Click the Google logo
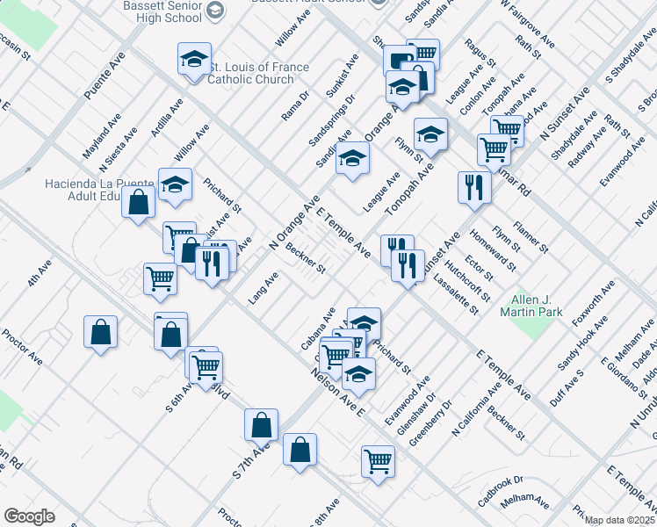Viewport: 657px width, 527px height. point(30,516)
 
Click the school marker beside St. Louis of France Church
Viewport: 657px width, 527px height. point(194,61)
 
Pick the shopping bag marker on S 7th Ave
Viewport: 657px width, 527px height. point(262,425)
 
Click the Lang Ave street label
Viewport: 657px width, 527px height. point(263,287)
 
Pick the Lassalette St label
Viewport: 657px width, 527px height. point(455,293)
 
